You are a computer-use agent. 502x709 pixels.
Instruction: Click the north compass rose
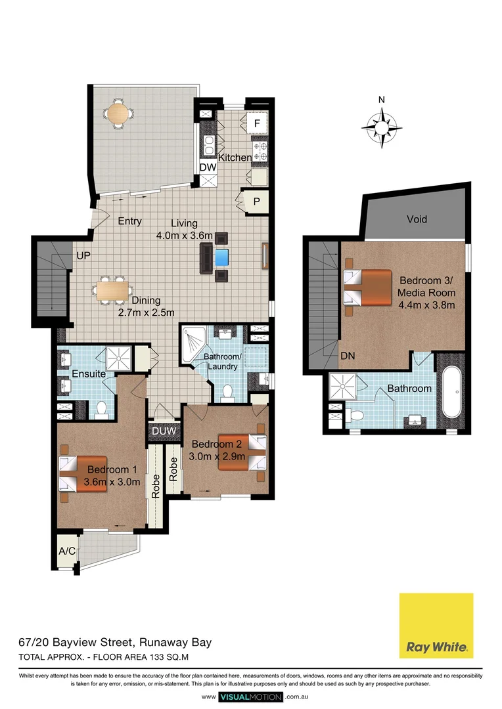[x=382, y=124]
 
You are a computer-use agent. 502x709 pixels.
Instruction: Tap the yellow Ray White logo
[x=436, y=625]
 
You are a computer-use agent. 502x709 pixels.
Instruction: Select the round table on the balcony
[x=119, y=114]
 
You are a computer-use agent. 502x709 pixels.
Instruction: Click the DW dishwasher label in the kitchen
[x=208, y=167]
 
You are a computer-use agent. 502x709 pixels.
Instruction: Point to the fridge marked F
[x=257, y=123]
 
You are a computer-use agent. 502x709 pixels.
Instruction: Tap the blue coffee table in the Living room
[x=222, y=255]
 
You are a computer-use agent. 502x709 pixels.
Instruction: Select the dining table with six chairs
[x=114, y=289]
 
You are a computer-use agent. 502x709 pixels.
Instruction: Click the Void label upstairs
[x=417, y=219]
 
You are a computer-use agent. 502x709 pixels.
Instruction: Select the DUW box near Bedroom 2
[x=160, y=431]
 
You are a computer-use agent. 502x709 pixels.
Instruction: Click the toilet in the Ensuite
[x=101, y=410]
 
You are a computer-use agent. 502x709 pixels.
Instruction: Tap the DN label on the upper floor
[x=349, y=356]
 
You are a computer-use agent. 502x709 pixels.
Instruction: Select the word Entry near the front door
[x=129, y=221]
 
